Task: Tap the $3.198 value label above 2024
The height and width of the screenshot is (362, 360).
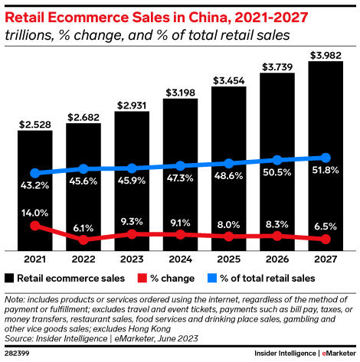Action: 180,93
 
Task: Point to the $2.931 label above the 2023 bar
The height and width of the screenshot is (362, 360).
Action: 132,105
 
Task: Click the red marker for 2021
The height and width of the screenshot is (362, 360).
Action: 35,226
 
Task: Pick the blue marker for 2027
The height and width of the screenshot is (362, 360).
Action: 326,158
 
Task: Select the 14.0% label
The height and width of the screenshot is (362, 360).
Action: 35,213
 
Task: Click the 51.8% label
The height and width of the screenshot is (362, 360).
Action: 326,170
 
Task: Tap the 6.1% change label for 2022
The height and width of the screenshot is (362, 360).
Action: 83,227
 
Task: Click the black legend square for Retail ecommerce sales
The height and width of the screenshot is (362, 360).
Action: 10,278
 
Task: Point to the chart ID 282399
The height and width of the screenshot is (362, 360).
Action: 19,354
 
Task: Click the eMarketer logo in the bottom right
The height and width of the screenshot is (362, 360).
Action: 338,354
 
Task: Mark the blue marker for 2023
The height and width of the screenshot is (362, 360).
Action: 132,168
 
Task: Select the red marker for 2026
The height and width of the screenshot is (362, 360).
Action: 277,236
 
